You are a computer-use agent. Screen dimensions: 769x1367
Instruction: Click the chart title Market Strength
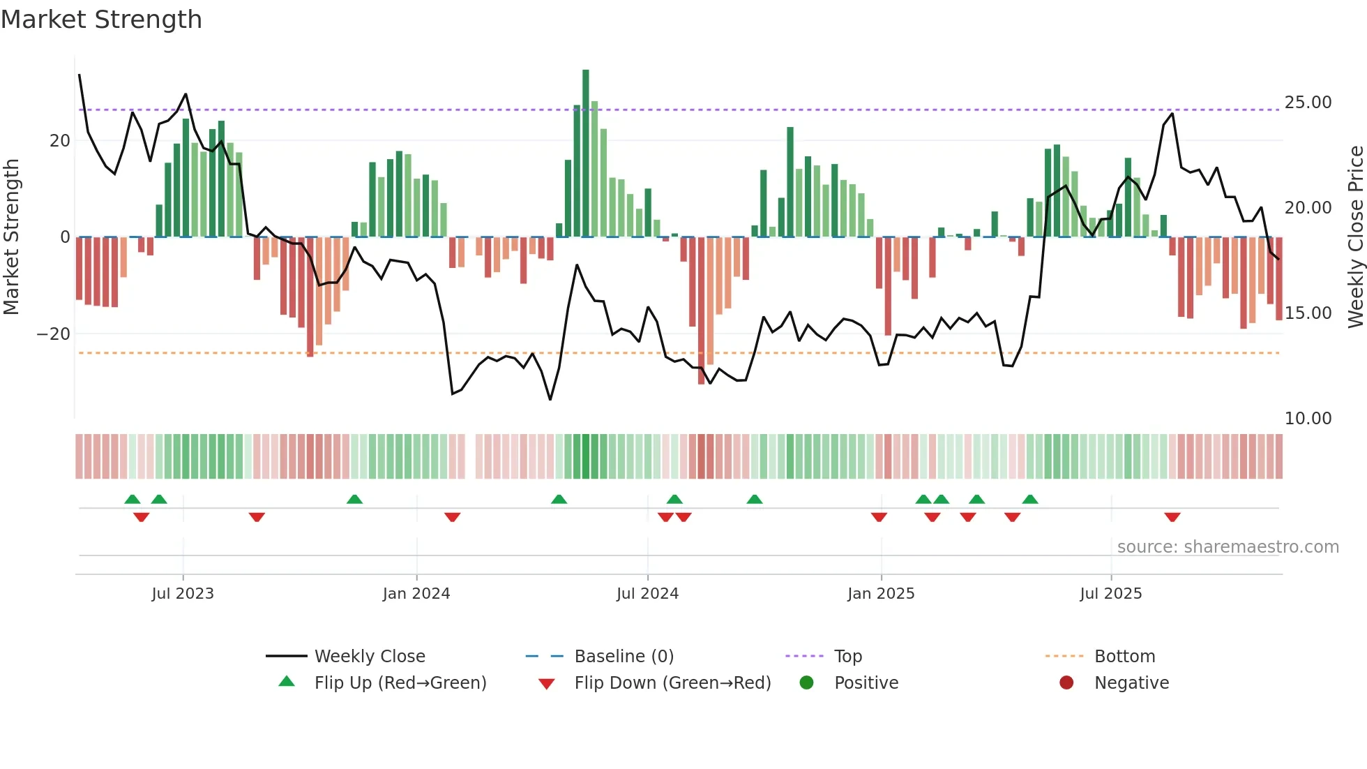click(101, 20)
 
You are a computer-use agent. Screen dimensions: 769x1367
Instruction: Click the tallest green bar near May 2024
click(586, 154)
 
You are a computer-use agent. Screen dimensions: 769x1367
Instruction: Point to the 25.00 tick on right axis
click(1308, 103)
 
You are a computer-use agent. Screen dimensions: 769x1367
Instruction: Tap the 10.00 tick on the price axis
click(1308, 419)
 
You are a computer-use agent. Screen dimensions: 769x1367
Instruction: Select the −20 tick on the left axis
click(54, 334)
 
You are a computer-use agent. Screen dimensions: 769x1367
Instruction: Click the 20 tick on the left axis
click(60, 141)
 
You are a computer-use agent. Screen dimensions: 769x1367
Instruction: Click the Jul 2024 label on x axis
click(647, 594)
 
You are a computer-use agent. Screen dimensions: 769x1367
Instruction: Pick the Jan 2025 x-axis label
click(881, 594)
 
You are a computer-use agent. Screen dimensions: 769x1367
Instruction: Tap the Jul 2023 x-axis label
click(183, 594)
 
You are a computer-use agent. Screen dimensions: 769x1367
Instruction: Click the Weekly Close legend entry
click(369, 657)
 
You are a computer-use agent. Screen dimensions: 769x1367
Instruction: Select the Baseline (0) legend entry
click(624, 657)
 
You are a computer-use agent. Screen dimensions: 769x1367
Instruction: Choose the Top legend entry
click(848, 657)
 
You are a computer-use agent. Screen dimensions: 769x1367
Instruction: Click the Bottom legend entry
click(1124, 657)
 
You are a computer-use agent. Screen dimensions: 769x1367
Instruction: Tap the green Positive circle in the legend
click(807, 683)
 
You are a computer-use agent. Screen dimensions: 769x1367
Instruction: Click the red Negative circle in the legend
click(1066, 683)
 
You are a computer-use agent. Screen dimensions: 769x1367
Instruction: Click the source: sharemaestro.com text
click(1228, 547)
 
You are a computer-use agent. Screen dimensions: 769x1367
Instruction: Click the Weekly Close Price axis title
click(1355, 237)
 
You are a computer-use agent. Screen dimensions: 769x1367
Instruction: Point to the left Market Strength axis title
click(11, 237)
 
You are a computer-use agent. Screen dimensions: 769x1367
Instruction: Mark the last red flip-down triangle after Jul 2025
click(1172, 517)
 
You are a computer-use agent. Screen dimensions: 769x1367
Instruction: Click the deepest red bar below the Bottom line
click(702, 311)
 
